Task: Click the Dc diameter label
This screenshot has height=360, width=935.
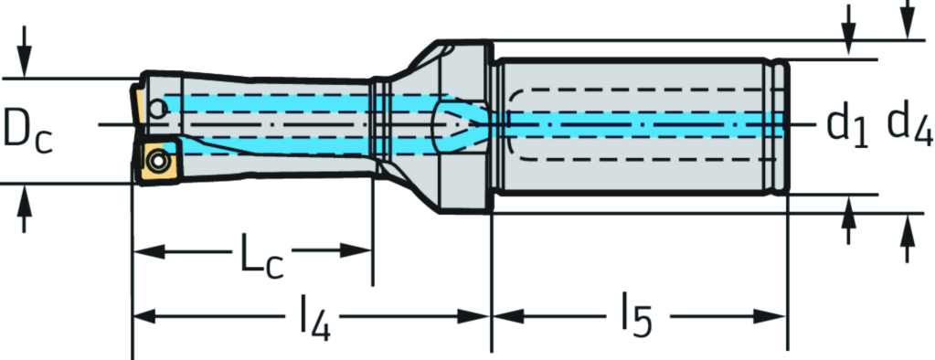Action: (27, 131)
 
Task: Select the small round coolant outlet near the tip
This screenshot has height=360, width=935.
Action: (157, 109)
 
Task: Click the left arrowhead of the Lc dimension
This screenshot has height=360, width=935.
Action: (147, 250)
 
